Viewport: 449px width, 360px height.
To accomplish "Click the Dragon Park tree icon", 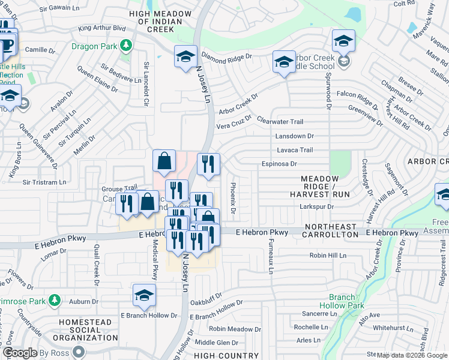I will click(x=126, y=45).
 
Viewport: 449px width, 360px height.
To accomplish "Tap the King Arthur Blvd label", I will click(x=102, y=28).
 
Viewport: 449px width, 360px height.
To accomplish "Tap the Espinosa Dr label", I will click(x=279, y=164).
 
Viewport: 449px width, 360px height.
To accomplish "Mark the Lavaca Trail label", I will click(x=295, y=150).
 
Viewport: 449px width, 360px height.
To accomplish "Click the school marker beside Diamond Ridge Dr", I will click(x=186, y=56).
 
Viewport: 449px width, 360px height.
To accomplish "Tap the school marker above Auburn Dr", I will click(x=145, y=295).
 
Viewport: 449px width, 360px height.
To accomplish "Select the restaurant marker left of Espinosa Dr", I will click(x=208, y=164).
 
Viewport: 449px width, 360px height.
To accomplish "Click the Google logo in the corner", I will click(x=20, y=353).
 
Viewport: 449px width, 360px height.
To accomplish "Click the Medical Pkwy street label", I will click(x=154, y=260).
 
